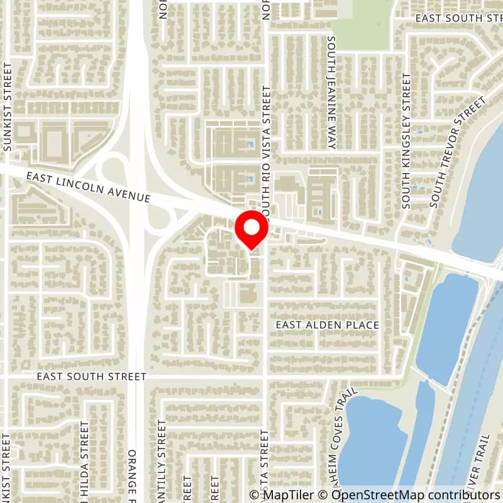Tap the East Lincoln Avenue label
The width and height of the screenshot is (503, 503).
88,189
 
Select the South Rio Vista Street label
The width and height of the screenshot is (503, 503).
267,151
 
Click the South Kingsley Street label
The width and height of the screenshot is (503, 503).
407,141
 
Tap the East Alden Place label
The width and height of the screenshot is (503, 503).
328,325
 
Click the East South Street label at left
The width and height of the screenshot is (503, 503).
91,377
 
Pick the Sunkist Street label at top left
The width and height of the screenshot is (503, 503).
8,107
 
